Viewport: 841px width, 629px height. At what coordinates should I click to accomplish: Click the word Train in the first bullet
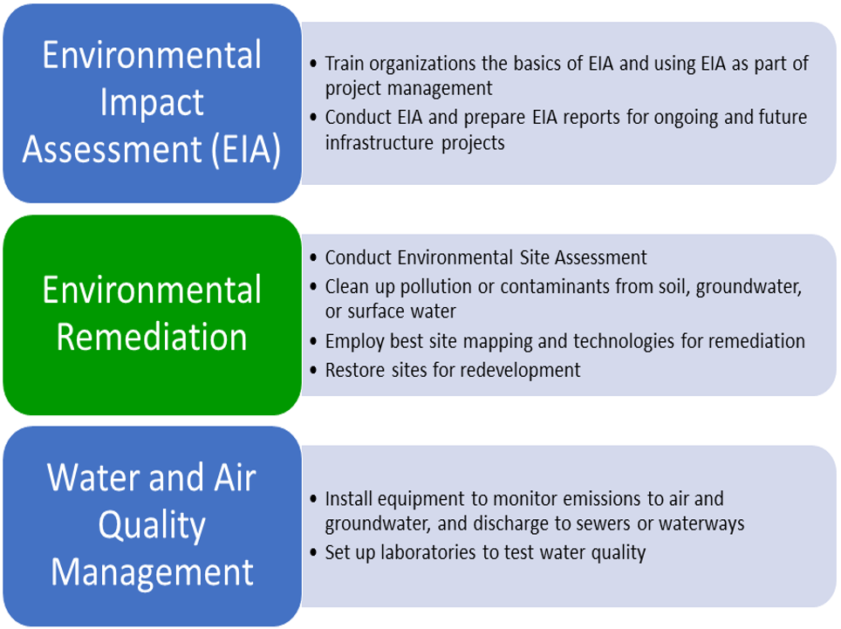345,64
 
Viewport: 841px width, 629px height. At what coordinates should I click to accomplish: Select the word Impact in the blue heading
152,104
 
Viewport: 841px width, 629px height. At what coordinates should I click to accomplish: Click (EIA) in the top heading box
246,149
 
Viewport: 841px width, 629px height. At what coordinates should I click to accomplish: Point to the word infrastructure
380,143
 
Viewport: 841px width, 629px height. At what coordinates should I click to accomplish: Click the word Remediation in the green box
152,338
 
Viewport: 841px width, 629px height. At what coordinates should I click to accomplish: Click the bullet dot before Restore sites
314,370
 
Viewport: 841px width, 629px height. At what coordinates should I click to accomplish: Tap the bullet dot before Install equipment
314,499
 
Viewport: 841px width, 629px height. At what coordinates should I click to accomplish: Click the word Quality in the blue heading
152,526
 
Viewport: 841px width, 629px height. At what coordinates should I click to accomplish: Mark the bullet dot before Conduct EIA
314,117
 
